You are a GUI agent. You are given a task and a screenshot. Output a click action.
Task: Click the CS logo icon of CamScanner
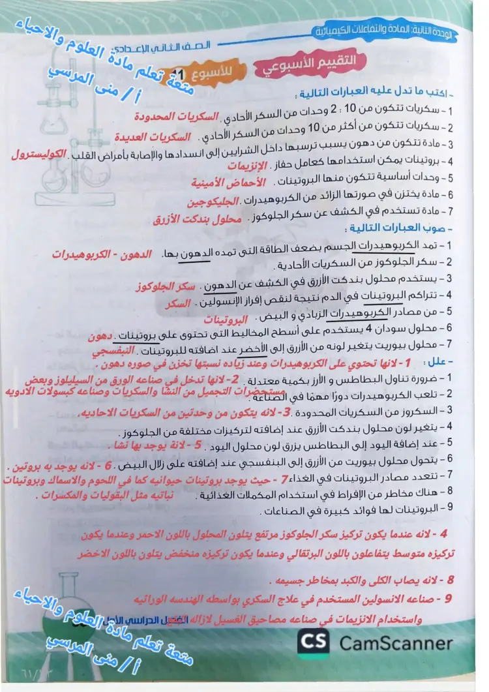[313, 643]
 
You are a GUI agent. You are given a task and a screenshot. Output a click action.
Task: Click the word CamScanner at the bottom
[395, 644]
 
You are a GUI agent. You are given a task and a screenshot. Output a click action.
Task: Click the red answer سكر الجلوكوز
[166, 286]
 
